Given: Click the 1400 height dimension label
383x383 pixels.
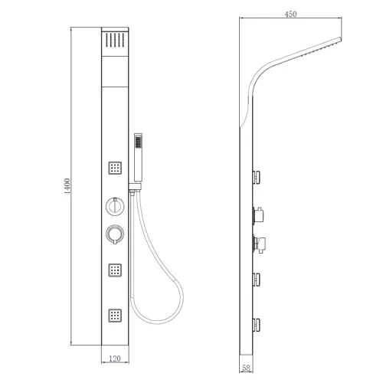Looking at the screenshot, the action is (x=67, y=186).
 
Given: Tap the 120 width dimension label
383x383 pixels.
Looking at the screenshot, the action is (x=115, y=358).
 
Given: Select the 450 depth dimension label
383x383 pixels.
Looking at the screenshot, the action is (x=290, y=14).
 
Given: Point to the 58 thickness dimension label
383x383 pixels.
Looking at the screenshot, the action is (x=246, y=368).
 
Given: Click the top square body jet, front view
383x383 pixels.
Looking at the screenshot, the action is (x=115, y=168).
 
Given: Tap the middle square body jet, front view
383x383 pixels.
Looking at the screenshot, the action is (x=115, y=270).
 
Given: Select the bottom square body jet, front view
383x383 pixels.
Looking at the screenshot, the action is (x=115, y=316).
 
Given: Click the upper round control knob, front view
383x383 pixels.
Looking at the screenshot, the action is (x=115, y=206).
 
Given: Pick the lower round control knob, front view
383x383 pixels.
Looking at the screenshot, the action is (x=115, y=234).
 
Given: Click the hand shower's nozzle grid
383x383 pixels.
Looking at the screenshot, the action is (x=138, y=142).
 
